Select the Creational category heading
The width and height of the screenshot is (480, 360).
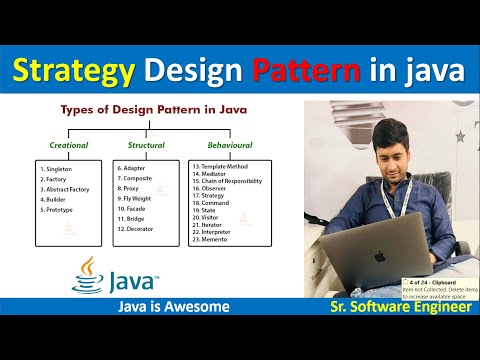(x=69, y=145)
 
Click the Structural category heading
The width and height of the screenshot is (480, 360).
(x=146, y=145)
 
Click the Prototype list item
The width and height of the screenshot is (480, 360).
(x=61, y=210)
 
